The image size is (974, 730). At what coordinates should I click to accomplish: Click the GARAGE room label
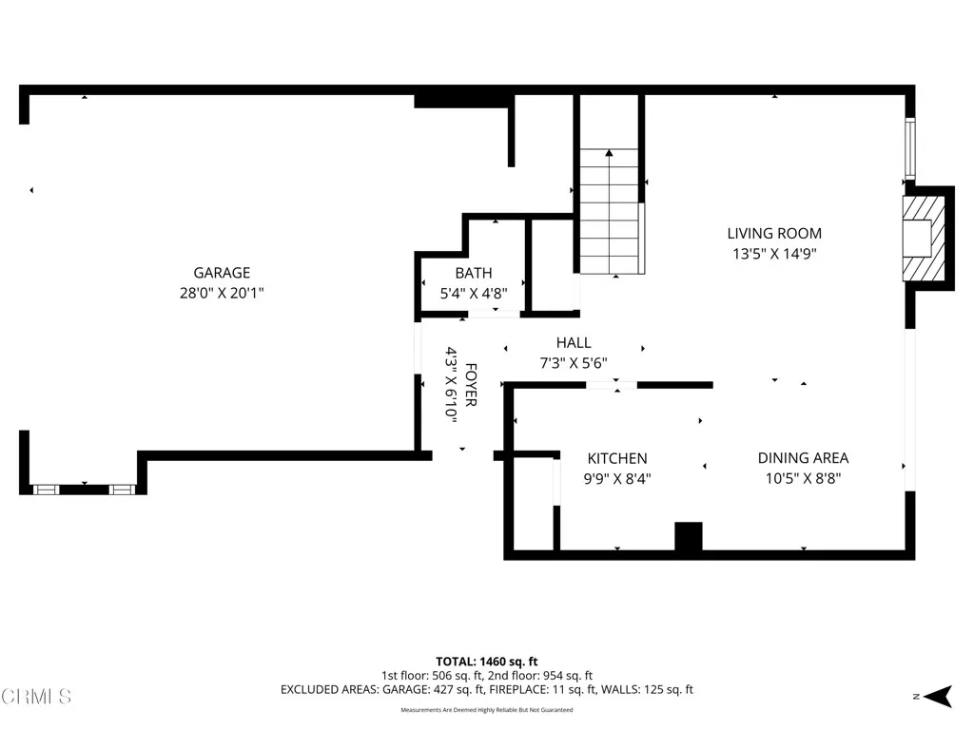coord(222,273)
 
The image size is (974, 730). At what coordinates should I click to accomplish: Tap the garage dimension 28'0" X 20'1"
coord(222,294)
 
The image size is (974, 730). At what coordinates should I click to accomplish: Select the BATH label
coord(473,273)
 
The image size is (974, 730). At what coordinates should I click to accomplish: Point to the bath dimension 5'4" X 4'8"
coord(473,294)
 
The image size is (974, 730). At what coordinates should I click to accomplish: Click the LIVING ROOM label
coord(774,233)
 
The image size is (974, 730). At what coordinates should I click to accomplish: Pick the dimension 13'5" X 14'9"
coord(774,254)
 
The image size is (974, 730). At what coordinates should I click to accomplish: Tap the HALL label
coord(574,342)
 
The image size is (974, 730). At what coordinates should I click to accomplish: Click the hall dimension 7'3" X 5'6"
coord(574,362)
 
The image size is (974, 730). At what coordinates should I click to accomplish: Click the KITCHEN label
coord(616,458)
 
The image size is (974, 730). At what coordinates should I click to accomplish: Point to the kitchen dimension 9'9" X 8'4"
coord(616,479)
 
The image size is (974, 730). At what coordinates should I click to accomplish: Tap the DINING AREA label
coord(803,458)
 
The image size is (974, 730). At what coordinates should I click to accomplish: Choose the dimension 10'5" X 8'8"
coord(803,479)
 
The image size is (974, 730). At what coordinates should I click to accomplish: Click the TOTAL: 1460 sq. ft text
coord(487,661)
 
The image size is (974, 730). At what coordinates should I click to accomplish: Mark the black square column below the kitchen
coord(688,536)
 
